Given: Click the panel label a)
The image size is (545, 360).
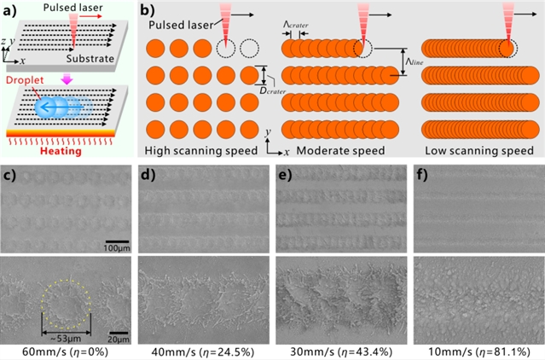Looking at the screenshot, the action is tap(10, 11).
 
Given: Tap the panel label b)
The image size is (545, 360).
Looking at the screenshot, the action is tap(148, 11).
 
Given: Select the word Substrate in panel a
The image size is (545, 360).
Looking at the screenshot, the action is tap(90, 58).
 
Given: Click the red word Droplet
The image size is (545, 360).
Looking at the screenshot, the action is tap(25, 80).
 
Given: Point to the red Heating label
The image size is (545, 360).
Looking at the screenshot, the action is tap(61, 151).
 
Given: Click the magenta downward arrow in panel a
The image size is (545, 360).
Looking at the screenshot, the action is tap(67, 80).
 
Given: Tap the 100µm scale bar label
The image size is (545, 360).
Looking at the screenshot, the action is tap(117, 248).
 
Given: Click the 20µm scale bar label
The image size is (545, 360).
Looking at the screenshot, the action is tap(119, 340).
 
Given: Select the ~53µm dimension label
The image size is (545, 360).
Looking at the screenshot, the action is tap(66, 339).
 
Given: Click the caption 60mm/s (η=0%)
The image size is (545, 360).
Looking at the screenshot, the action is tap(65, 351).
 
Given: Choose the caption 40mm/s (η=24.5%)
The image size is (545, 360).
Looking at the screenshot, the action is tap(203, 351).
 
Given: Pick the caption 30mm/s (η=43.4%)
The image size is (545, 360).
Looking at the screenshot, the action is tap(341, 351).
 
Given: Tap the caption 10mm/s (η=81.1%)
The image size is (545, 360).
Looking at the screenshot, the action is tap(479, 351).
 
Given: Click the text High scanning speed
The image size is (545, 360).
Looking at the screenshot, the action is tap(201, 151).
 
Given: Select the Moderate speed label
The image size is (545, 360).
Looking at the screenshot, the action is tap(340, 151).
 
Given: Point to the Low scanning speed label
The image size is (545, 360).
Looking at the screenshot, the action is tap(479, 151).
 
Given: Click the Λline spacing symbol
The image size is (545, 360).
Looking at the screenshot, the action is tap(415, 61).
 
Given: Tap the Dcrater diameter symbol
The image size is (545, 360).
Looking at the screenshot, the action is tap(273, 90).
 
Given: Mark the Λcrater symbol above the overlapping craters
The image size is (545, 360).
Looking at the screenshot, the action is tap(295, 25).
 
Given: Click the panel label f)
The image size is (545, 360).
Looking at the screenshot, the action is tap(422, 176).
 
